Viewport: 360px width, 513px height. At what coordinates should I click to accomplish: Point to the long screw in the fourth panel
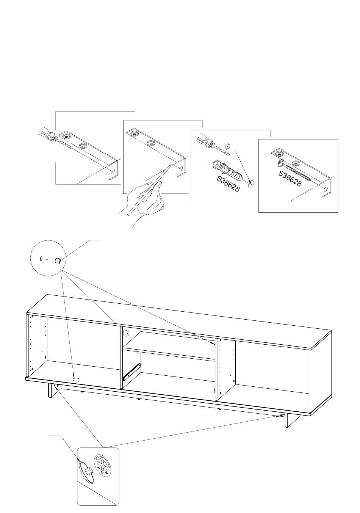coord(294,170)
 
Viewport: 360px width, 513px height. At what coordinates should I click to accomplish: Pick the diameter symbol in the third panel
coord(227,146)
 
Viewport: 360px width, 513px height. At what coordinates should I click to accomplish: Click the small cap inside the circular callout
coord(57,260)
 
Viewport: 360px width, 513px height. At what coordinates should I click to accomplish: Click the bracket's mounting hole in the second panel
coord(181,169)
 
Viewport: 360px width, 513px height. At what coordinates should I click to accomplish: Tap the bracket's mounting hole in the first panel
coord(113,171)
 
